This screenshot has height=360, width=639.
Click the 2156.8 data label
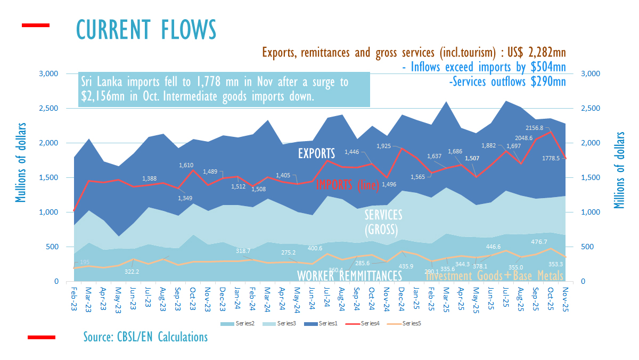[x=545, y=128]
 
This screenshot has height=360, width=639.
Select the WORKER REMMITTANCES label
[x=349, y=276]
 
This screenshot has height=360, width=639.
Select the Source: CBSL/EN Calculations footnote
[x=145, y=337]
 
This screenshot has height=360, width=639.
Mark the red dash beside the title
[x=35, y=25]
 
